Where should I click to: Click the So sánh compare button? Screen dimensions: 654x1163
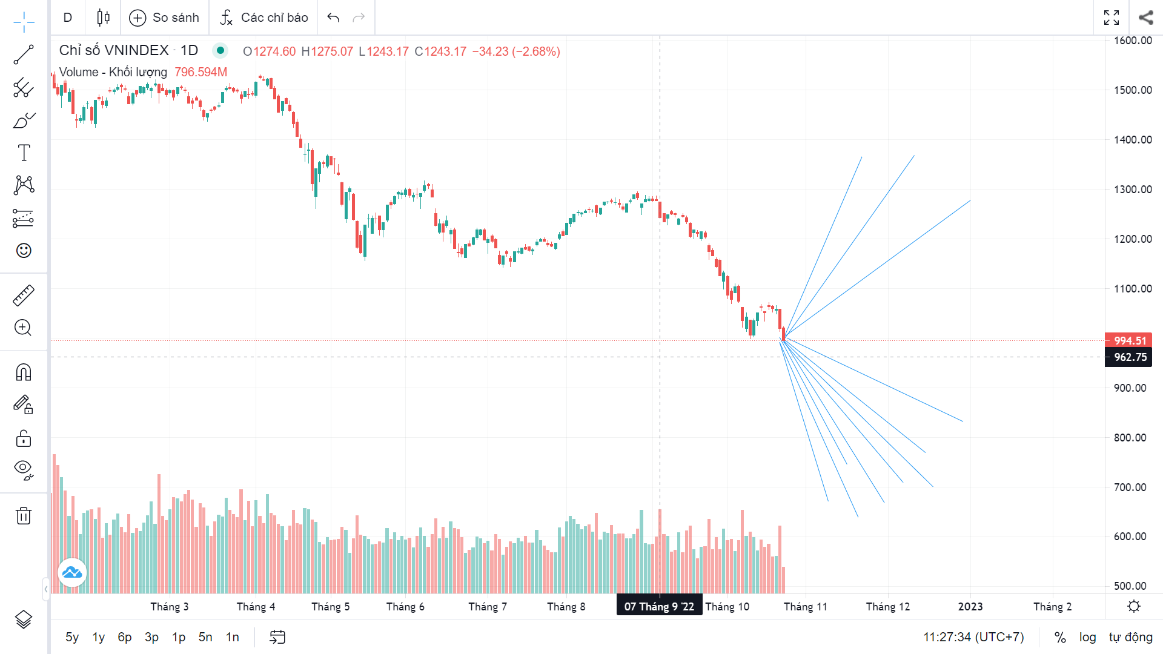pos(164,18)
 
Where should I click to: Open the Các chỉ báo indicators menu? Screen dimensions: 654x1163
pos(264,18)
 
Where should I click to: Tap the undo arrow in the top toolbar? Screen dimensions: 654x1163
pos(333,18)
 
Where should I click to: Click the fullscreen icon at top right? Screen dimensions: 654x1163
pos(1112,18)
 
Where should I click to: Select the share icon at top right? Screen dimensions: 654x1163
pos(1145,18)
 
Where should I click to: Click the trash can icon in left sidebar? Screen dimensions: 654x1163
pos(24,516)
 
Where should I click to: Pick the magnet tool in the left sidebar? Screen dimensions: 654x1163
pos(24,372)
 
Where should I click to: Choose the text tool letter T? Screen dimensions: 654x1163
pos(24,153)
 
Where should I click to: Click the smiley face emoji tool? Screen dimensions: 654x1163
pos(24,251)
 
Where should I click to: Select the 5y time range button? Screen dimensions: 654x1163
pos(72,637)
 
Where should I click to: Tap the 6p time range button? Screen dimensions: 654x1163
pos(125,637)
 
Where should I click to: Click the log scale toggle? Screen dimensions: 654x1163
pos(1087,637)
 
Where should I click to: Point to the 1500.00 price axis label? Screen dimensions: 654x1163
pos(1133,90)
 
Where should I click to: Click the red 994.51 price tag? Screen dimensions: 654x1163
pos(1130,340)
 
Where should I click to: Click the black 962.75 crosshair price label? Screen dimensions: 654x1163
pos(1130,357)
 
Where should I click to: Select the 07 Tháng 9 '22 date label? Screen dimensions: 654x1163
pos(659,606)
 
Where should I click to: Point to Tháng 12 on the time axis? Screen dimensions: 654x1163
pos(887,607)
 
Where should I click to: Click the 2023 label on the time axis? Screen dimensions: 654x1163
pos(970,607)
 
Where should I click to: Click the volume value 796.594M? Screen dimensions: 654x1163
pos(200,72)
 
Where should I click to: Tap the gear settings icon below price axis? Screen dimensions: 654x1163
pos(1134,606)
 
